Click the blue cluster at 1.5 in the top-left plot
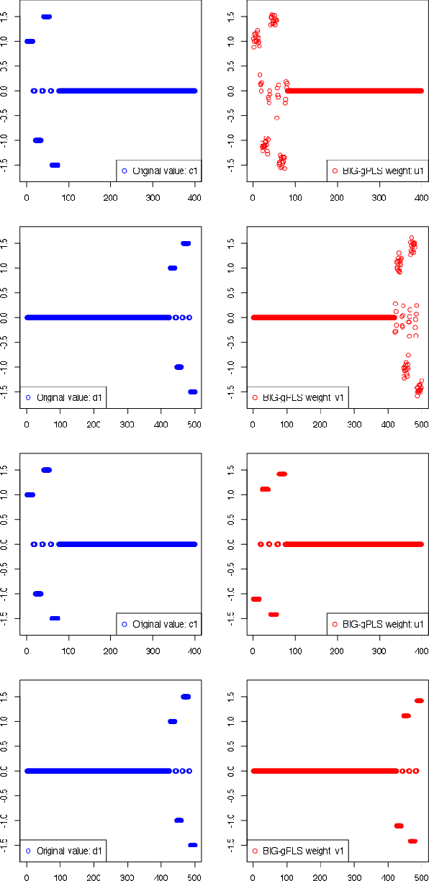[x=46, y=17]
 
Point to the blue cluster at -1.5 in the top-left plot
[x=55, y=165]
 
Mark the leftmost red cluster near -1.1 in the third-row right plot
[x=256, y=599]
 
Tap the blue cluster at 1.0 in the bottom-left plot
[x=172, y=721]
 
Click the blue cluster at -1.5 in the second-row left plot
[x=192, y=392]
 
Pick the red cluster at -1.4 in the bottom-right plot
[x=412, y=841]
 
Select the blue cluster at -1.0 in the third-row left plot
[x=38, y=593]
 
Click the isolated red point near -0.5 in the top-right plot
[x=276, y=117]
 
